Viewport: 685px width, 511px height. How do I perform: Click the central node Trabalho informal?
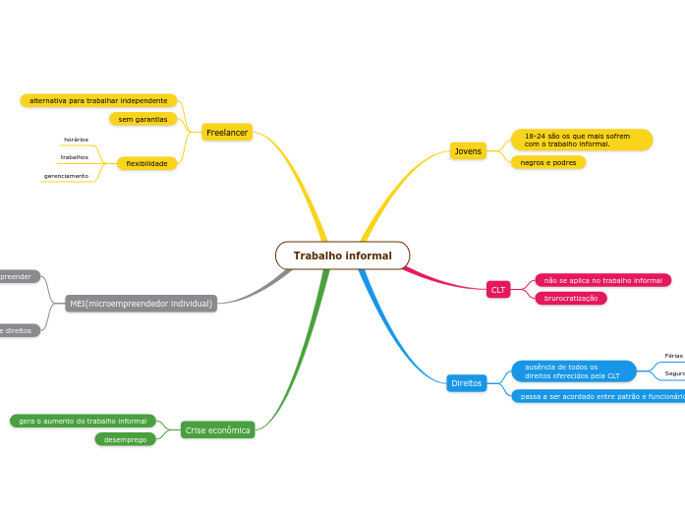point(342,255)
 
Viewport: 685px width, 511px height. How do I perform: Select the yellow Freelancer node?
point(227,132)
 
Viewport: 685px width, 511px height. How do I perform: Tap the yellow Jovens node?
point(468,151)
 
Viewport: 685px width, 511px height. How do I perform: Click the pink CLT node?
point(498,290)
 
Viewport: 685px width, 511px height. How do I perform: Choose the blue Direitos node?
point(467,383)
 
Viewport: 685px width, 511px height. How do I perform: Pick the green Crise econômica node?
point(217,430)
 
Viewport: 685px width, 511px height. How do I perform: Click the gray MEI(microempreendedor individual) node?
point(141,304)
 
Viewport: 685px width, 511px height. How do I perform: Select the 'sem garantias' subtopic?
point(143,119)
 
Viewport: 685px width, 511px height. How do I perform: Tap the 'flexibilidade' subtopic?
point(146,163)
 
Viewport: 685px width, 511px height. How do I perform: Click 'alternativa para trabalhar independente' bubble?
point(98,100)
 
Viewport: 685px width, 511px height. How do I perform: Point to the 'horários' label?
point(76,140)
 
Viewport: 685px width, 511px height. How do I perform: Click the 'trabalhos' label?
point(75,157)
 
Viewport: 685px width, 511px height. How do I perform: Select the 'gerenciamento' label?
point(66,176)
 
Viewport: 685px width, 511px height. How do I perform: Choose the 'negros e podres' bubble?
point(548,162)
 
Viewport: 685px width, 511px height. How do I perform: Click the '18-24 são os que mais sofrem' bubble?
point(581,140)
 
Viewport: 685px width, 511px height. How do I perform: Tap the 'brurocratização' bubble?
point(571,298)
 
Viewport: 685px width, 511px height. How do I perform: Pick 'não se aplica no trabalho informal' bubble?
point(602,280)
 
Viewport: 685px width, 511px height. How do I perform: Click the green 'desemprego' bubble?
point(125,439)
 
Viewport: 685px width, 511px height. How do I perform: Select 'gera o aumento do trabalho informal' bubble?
point(83,421)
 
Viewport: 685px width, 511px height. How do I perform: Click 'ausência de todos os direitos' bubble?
point(573,370)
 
